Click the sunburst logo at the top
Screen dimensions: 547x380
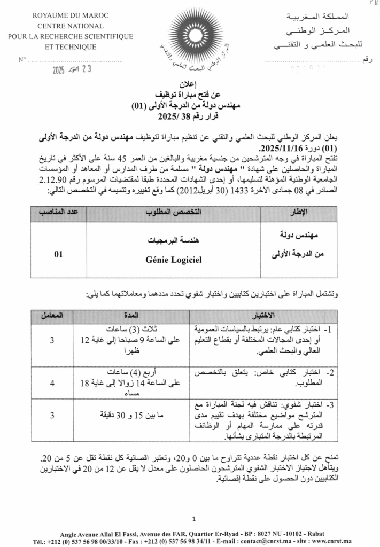pyautogui.click(x=190, y=35)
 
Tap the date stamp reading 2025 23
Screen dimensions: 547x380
pyautogui.click(x=77, y=69)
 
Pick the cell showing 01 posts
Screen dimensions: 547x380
pyautogui.click(x=58, y=254)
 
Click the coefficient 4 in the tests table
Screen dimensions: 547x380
pyautogui.click(x=52, y=383)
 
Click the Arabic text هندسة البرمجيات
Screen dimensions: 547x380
pyautogui.click(x=173, y=241)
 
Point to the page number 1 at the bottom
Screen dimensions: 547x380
pyautogui.click(x=193, y=518)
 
